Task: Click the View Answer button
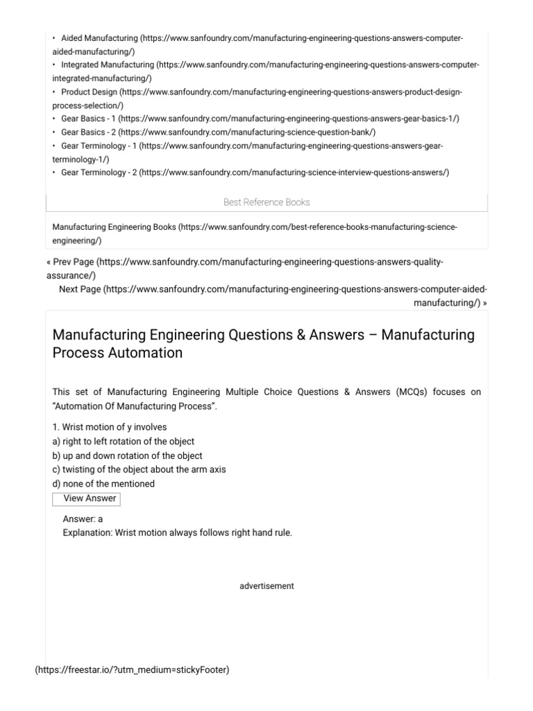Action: (85, 499)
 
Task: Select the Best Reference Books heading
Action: (266, 202)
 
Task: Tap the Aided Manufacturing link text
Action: (99, 37)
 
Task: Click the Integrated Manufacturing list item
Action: (107, 65)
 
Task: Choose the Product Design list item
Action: (89, 92)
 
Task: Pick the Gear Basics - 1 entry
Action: (88, 119)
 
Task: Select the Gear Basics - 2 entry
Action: (88, 132)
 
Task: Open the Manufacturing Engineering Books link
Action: (115, 227)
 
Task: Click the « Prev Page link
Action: (69, 262)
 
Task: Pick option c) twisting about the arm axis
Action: (139, 469)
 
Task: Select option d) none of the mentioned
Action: (103, 483)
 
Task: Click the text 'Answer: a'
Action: (83, 519)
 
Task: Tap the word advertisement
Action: (266, 586)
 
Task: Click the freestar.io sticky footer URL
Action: (132, 669)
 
